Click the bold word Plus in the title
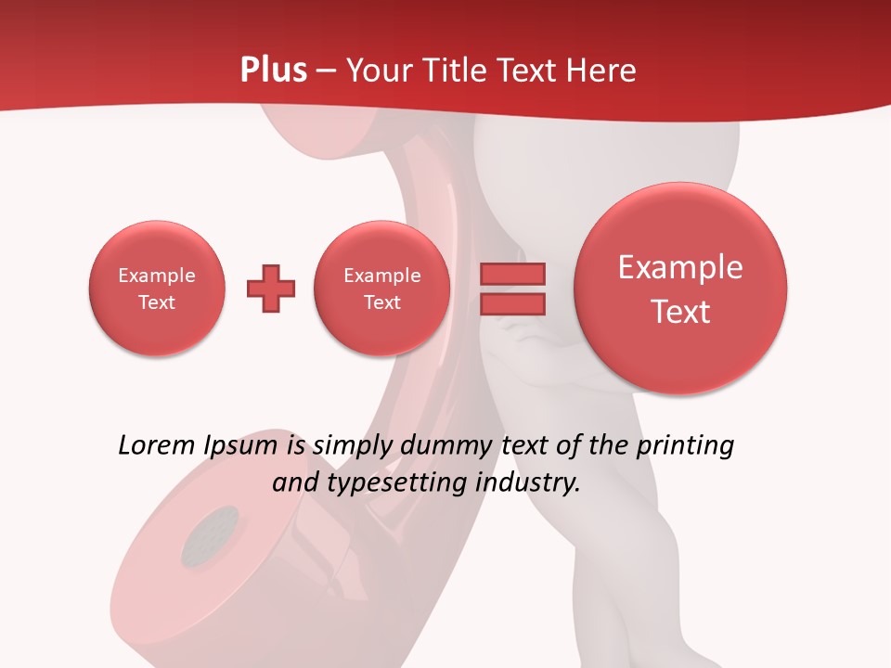[x=273, y=71]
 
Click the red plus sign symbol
[x=271, y=289]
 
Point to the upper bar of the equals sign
[x=512, y=274]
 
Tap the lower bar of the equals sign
[x=512, y=303]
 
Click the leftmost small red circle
[x=157, y=288]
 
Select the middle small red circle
[x=382, y=288]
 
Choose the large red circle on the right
[x=680, y=288]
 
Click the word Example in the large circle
[x=680, y=267]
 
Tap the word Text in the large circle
[x=680, y=312]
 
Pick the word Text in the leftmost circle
[x=157, y=302]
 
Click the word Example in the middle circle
[x=382, y=276]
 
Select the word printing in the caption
[x=684, y=445]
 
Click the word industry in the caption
[x=528, y=482]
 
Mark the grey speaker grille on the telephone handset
[x=210, y=536]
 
